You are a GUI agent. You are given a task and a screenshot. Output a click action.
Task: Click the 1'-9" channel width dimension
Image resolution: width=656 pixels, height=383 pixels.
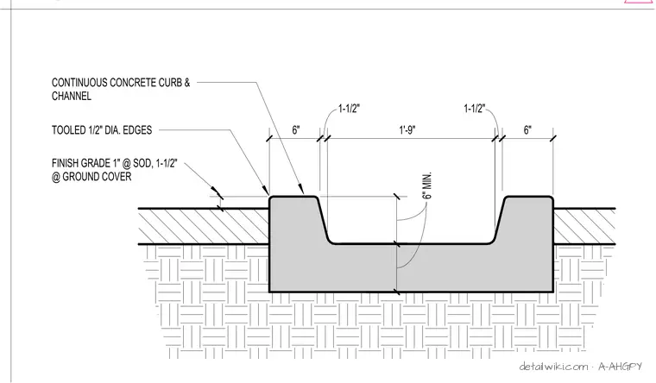407,130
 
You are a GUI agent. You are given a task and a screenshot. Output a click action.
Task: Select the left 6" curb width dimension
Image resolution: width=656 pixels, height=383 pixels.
296,130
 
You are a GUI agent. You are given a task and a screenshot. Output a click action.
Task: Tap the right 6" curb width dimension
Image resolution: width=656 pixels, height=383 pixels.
527,130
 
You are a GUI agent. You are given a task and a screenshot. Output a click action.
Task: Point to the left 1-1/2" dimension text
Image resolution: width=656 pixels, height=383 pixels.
349,109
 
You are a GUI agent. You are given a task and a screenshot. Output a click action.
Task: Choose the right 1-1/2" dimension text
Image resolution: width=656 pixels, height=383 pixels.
474,109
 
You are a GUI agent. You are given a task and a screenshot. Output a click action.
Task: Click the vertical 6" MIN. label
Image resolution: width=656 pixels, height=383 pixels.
427,185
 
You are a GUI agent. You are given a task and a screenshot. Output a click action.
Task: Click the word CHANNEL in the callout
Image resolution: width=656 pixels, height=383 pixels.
72,96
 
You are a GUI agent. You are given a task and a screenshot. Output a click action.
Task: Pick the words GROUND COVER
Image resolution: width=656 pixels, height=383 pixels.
97,177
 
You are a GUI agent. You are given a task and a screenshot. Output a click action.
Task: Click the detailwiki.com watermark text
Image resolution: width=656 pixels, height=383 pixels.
553,367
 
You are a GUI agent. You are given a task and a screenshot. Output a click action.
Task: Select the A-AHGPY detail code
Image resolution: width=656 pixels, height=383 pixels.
620,367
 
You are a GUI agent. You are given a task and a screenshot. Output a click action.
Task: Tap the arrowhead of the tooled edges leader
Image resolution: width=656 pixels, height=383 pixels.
266,191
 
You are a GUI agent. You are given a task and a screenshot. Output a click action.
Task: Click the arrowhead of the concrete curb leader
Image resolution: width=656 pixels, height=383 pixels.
300,190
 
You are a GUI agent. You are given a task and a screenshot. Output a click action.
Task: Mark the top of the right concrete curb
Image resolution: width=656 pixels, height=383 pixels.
529,197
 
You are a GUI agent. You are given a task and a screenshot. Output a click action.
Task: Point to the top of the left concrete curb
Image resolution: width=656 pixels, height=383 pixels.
293,197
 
